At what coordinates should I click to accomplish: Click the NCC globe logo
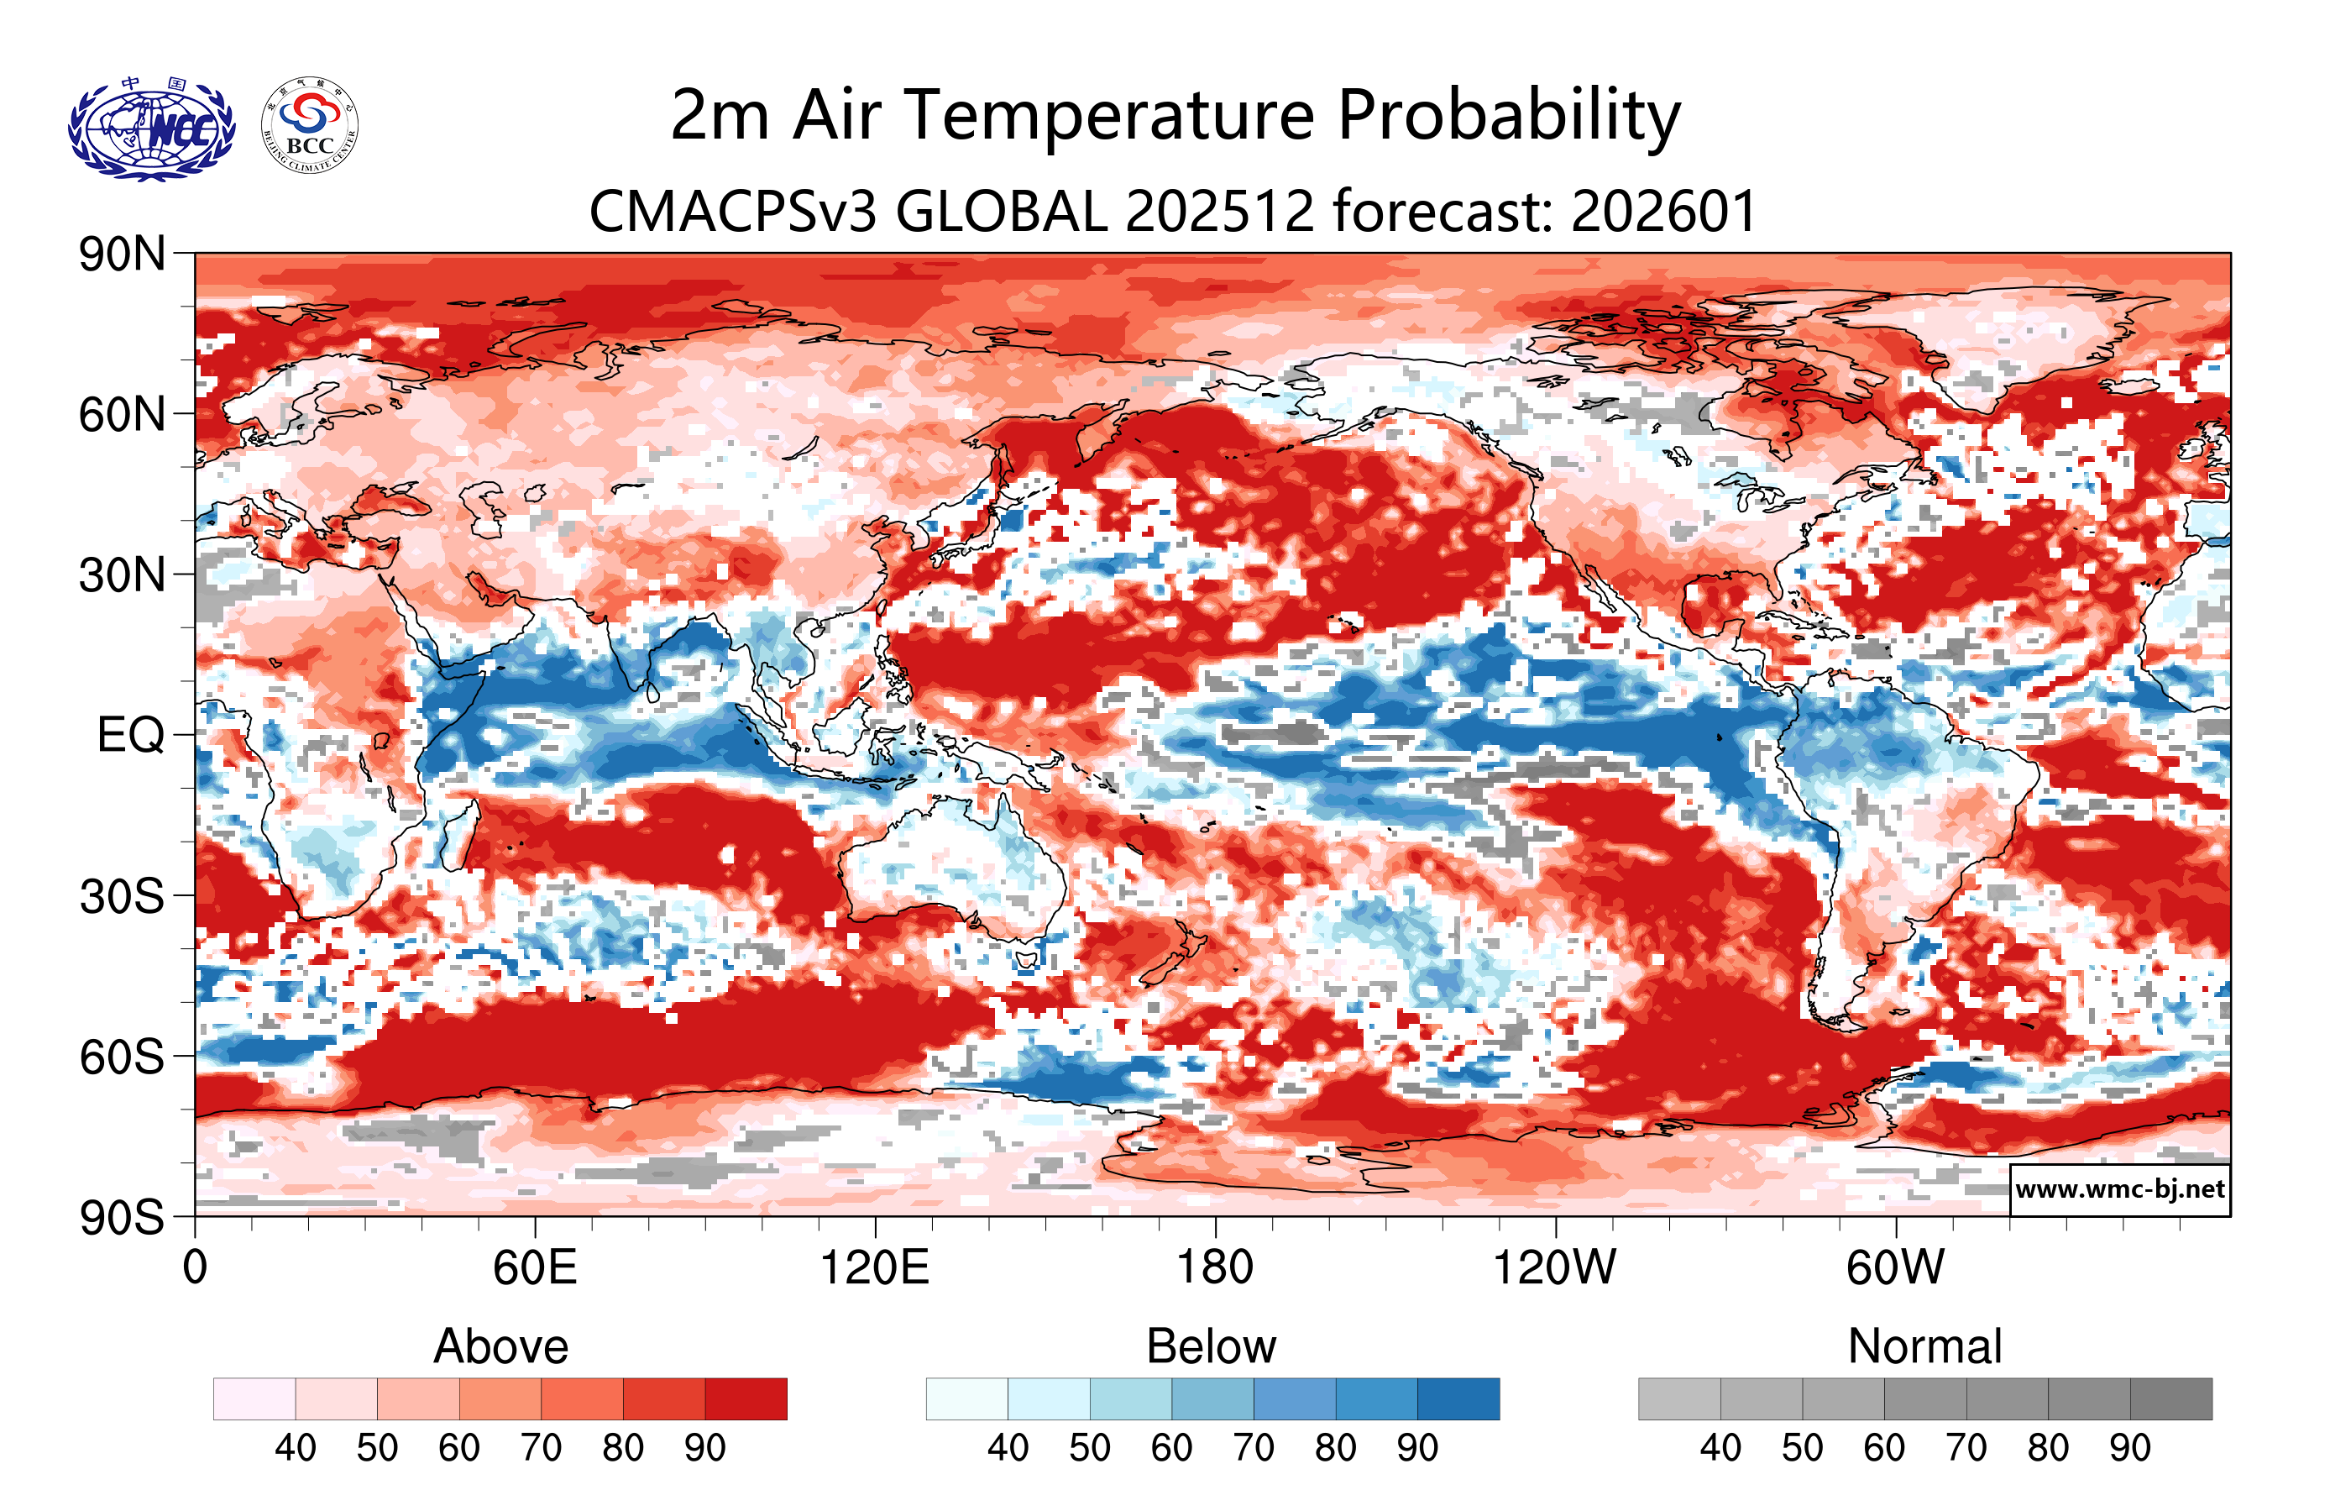pyautogui.click(x=151, y=128)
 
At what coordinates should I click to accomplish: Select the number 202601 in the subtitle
pyautogui.click(x=1663, y=211)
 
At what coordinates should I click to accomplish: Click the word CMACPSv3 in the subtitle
pyautogui.click(x=732, y=211)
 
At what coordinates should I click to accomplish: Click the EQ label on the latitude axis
pyautogui.click(x=131, y=734)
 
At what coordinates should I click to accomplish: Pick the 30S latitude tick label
pyautogui.click(x=122, y=895)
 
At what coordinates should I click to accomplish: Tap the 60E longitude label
pyautogui.click(x=534, y=1267)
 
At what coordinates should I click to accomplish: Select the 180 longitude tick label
pyautogui.click(x=1215, y=1267)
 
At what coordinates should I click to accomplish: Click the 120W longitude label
pyautogui.click(x=1554, y=1267)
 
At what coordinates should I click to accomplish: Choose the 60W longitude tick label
pyautogui.click(x=1895, y=1267)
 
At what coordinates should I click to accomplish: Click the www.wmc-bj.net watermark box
pyautogui.click(x=2119, y=1188)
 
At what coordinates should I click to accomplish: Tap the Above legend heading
pyautogui.click(x=501, y=1346)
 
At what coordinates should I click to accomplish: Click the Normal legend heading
pyautogui.click(x=1924, y=1346)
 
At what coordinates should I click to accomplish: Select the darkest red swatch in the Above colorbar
pyautogui.click(x=746, y=1398)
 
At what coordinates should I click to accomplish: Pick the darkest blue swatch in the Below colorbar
pyautogui.click(x=1458, y=1398)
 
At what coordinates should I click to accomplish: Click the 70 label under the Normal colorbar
pyautogui.click(x=1966, y=1447)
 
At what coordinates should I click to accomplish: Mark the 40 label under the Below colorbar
pyautogui.click(x=1008, y=1447)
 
